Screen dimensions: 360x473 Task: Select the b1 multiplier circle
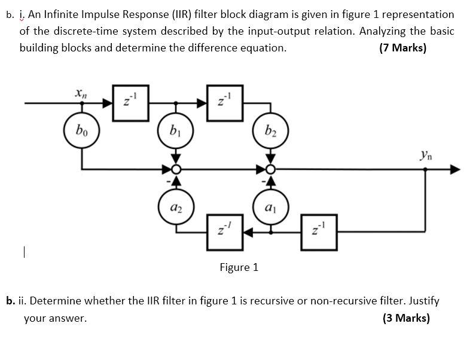[175, 129]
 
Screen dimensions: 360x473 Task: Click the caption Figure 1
[239, 267]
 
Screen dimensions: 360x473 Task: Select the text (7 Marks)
[402, 48]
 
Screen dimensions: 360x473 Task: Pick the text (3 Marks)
[405, 318]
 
